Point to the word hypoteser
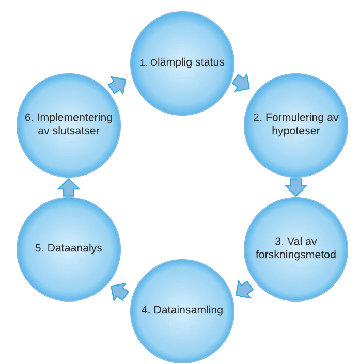pyautogui.click(x=296, y=131)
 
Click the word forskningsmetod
pyautogui.click(x=296, y=255)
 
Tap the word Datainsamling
pyautogui.click(x=189, y=310)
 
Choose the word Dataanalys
pyautogui.click(x=75, y=248)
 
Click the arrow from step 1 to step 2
pyautogui.click(x=241, y=83)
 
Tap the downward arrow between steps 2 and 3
pyautogui.click(x=296, y=187)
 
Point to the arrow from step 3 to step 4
pyautogui.click(x=244, y=289)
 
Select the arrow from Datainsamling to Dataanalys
pyautogui.click(x=120, y=292)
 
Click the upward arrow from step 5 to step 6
pyautogui.click(x=69, y=188)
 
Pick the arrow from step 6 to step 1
pyautogui.click(x=117, y=85)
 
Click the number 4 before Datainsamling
pyautogui.click(x=145, y=310)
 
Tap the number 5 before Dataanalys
pyautogui.click(x=38, y=248)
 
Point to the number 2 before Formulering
pyautogui.click(x=256, y=118)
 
